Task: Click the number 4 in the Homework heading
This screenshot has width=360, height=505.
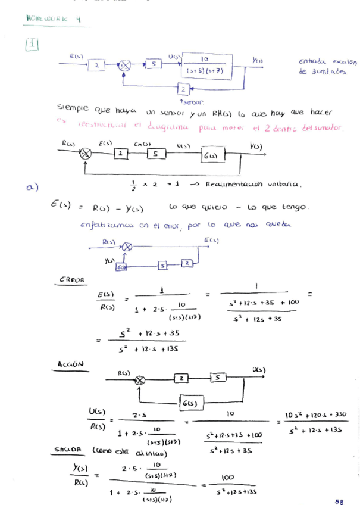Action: (x=79, y=18)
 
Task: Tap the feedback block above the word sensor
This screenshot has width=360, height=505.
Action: (x=183, y=89)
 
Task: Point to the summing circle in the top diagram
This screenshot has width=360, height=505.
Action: (x=124, y=66)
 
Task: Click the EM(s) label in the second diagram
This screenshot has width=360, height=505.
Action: (x=142, y=144)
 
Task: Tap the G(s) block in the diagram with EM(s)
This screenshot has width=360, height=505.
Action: (x=209, y=155)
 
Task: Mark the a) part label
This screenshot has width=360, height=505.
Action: (x=32, y=188)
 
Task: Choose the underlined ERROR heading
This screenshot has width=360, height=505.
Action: (x=71, y=279)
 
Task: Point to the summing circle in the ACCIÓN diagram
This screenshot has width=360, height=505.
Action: (x=140, y=379)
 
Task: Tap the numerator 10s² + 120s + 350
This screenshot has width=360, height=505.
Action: (x=316, y=414)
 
